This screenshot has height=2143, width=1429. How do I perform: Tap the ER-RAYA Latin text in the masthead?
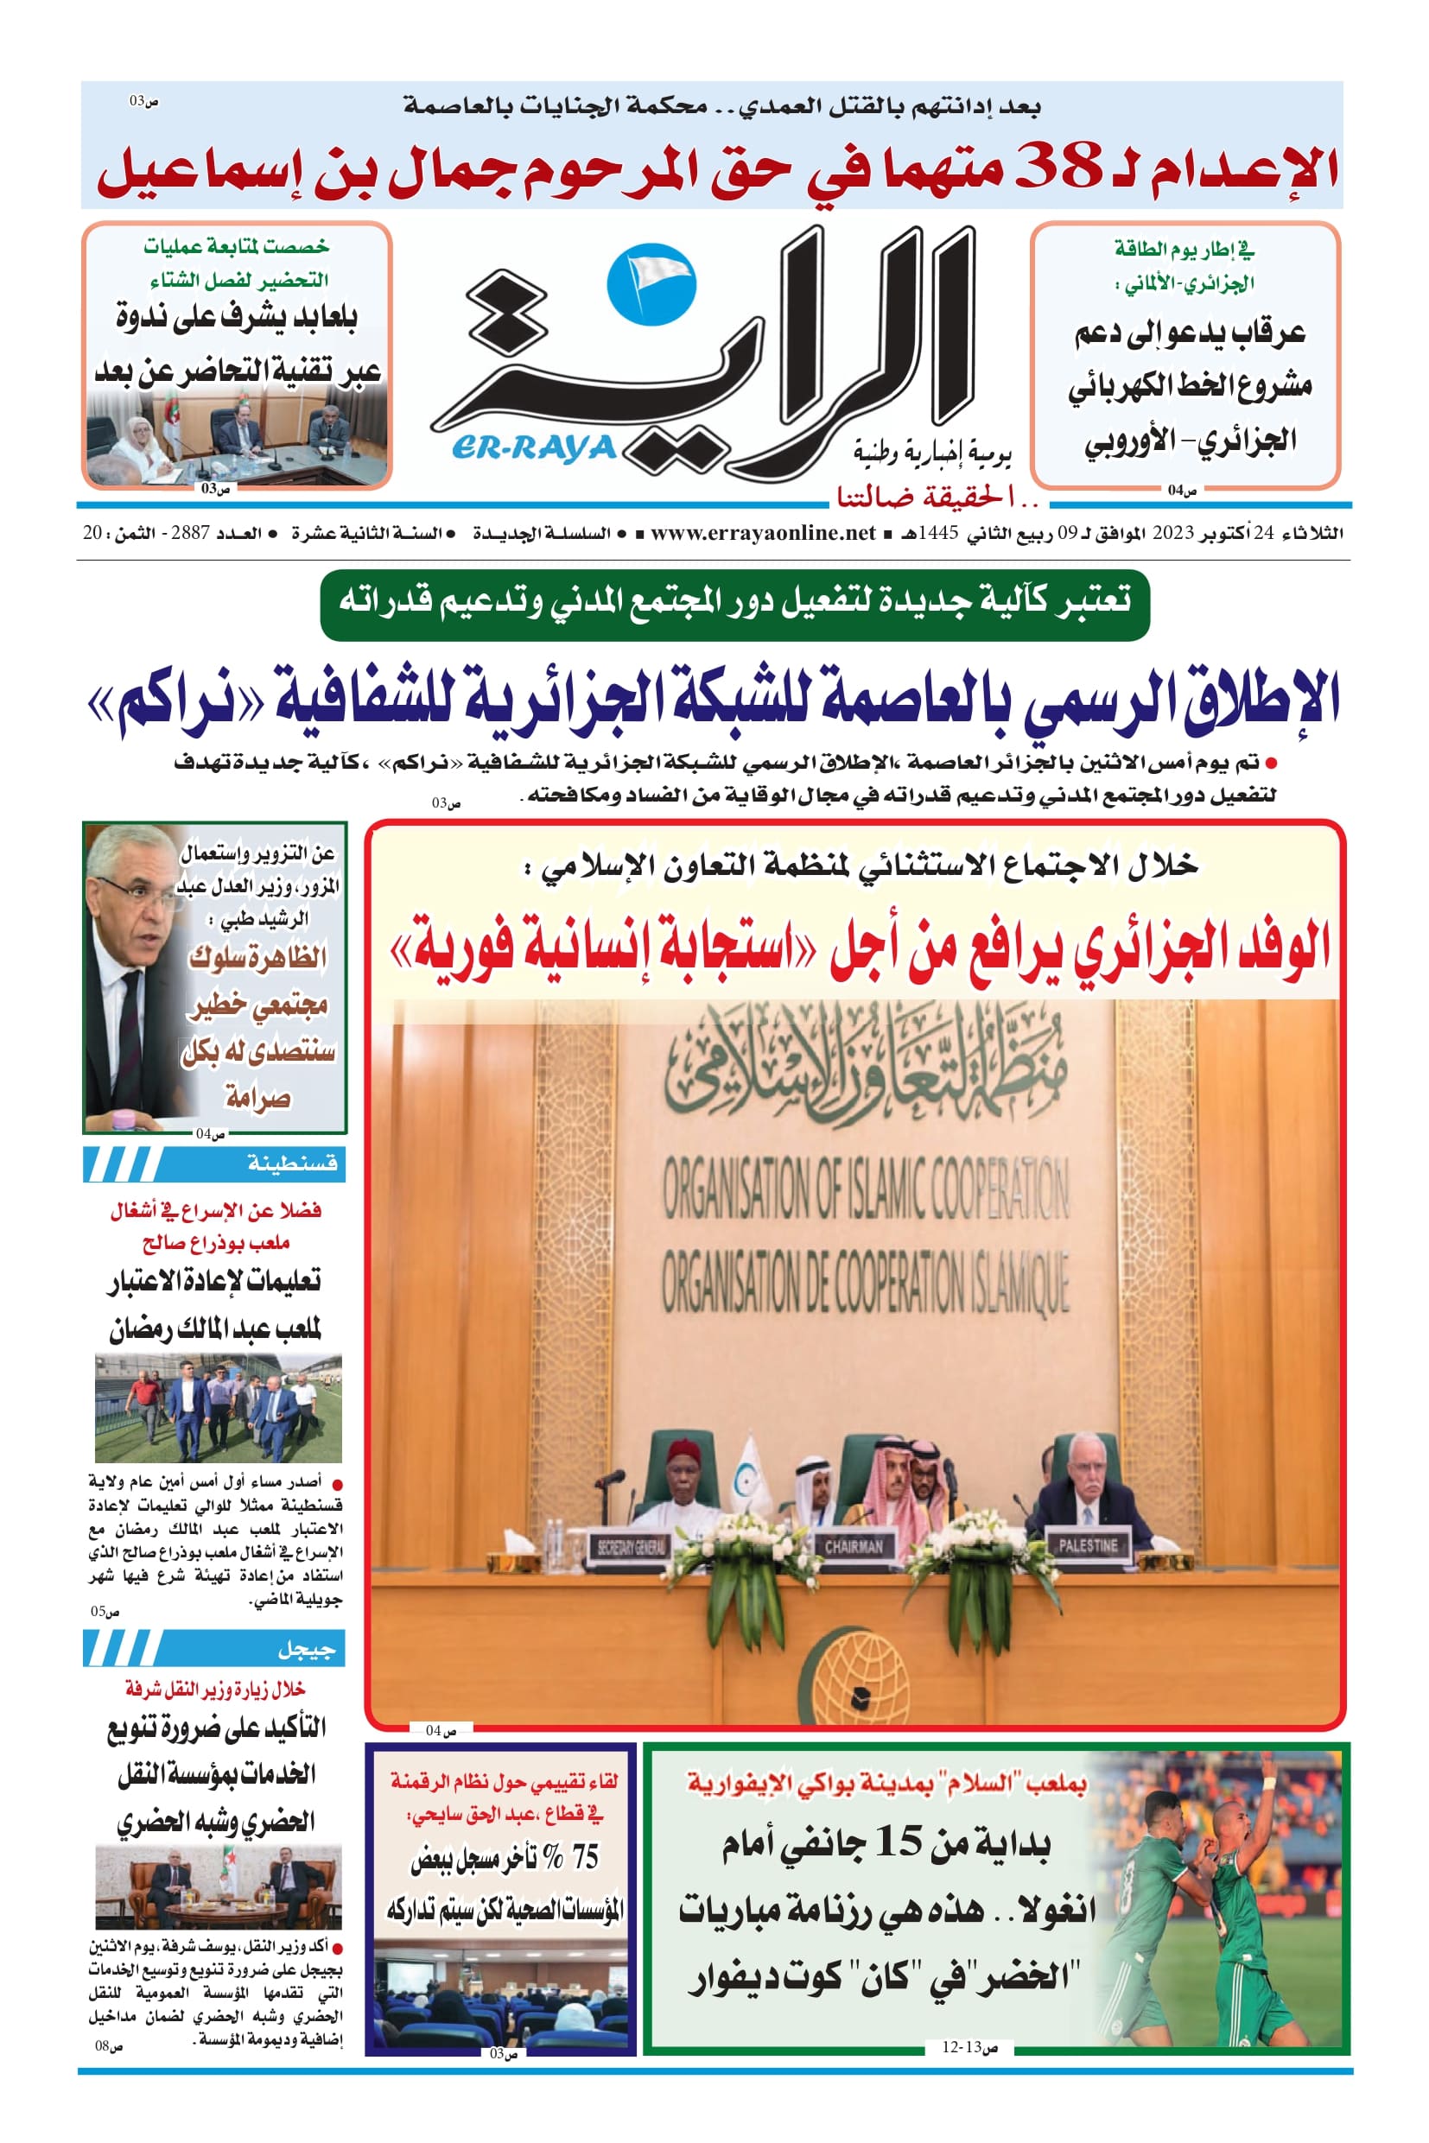534,448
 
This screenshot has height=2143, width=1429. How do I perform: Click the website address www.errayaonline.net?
763,533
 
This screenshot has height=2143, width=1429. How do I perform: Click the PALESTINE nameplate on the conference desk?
1088,1544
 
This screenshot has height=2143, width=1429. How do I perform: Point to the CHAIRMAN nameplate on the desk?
854,1545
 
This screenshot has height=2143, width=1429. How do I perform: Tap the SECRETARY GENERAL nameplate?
631,1546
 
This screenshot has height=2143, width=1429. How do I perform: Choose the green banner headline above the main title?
734,600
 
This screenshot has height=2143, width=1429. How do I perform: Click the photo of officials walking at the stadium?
218,1408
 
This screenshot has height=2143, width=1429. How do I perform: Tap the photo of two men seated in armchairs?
218,1886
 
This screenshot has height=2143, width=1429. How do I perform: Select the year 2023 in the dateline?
1172,533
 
